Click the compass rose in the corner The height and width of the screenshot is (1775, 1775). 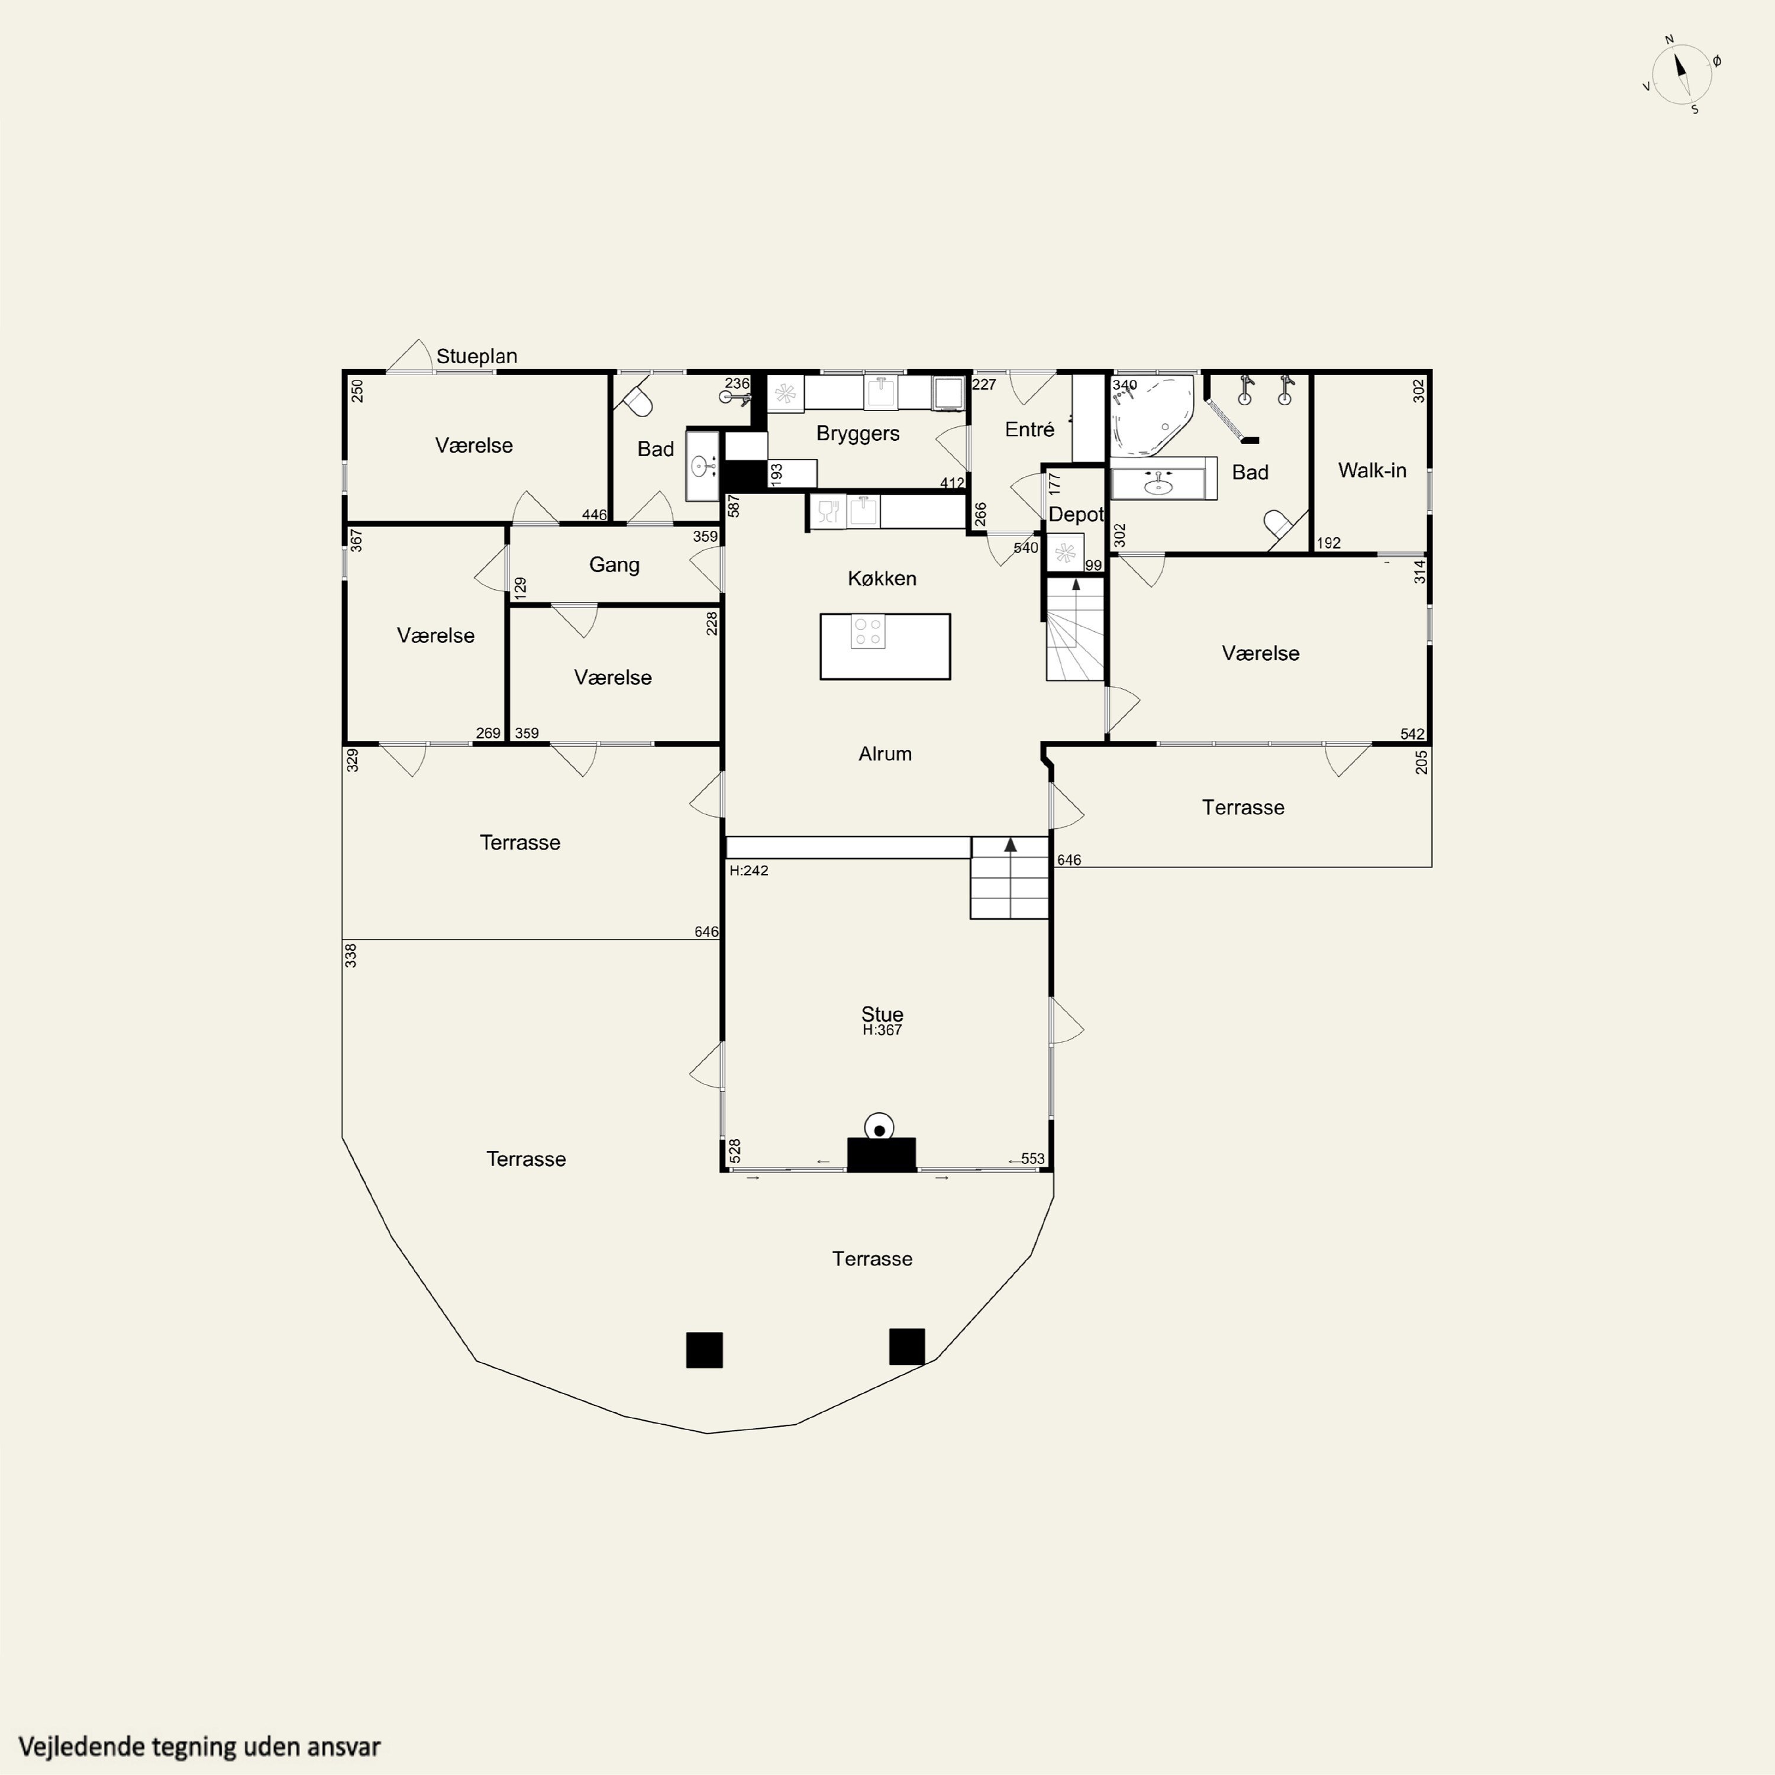(1682, 75)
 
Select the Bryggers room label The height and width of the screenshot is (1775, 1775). (857, 434)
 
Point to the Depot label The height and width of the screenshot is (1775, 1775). (1075, 515)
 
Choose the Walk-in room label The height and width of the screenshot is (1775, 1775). (1371, 470)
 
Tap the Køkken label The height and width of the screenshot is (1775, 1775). (882, 579)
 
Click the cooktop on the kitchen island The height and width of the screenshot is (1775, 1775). (867, 631)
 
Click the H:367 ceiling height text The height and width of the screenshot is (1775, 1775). (882, 1031)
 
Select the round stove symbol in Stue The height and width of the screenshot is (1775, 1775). (879, 1127)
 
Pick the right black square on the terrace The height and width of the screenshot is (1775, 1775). (907, 1347)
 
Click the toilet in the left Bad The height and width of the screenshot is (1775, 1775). (638, 401)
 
